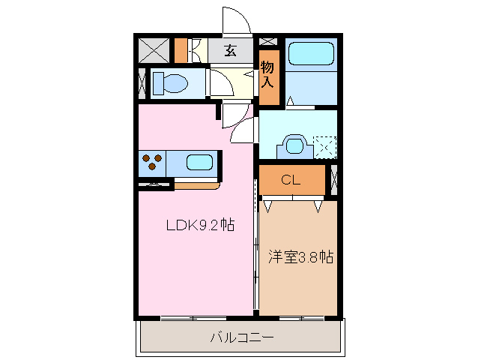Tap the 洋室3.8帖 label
tap(300, 256)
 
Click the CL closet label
tap(291, 180)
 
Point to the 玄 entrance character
tap(230, 51)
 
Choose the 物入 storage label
tap(268, 75)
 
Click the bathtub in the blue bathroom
tap(312, 54)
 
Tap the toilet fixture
tap(170, 82)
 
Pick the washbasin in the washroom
tap(294, 144)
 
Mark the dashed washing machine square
tap(325, 145)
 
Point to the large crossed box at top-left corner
tap(154, 50)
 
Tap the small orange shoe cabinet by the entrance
tap(181, 50)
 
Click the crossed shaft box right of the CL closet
tap(334, 180)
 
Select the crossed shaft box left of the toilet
tap(142, 82)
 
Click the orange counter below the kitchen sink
tap(196, 184)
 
